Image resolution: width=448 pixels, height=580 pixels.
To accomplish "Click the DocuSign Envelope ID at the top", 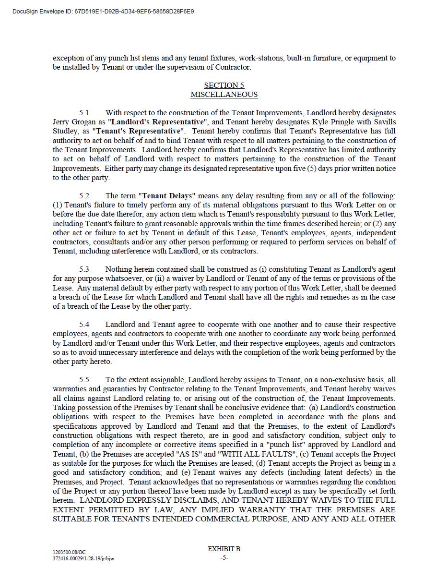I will tap(103, 11).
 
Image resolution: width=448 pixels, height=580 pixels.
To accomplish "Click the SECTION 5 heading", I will tap(224, 85).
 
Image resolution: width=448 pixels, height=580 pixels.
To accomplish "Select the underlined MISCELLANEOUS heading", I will tap(224, 95).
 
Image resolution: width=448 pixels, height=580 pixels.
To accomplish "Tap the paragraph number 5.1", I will tap(84, 113).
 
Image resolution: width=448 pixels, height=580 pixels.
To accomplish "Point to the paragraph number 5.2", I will tap(84, 196).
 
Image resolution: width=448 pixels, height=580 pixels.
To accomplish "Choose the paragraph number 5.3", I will tap(84, 269).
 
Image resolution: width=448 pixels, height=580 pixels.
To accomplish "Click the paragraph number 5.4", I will tap(84, 325).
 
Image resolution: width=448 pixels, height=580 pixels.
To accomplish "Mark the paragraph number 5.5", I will tap(84, 380).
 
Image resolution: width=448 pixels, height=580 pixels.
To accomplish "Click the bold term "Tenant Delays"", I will tap(167, 196).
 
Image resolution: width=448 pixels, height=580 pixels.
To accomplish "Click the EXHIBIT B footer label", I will tap(224, 549).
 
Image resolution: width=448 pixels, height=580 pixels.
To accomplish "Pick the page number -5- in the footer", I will tap(224, 558).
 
